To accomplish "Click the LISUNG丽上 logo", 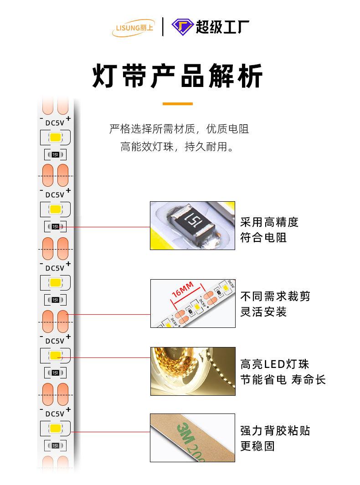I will coord(134,28).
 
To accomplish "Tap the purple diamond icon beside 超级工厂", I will coord(182,27).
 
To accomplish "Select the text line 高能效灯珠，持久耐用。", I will coord(179,147).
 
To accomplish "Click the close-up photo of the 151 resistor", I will coord(193,225).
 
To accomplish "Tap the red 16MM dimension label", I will coord(183,289).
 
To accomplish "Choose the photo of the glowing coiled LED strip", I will coord(193,371).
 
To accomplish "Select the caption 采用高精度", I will coord(269,222).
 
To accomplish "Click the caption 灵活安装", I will coord(263,312).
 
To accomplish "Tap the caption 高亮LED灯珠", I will coord(275,364).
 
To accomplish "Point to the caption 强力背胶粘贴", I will coord(275,430).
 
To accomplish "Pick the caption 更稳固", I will coord(257,446).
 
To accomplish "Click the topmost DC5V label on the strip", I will coord(55,123).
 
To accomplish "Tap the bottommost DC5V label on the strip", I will coord(55,414).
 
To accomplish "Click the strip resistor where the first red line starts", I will coord(55,227).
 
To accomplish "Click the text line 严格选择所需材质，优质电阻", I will coord(179,129).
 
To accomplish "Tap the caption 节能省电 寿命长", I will coord(283,380).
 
